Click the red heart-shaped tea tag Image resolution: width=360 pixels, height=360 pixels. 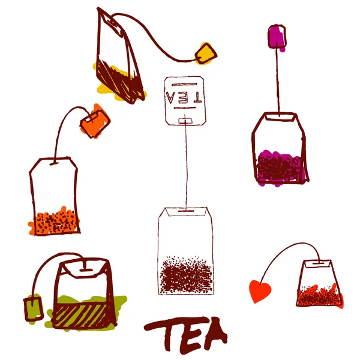click(x=260, y=291)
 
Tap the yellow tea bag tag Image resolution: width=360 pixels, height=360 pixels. click(x=205, y=53)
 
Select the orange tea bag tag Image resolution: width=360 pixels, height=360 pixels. click(x=96, y=121)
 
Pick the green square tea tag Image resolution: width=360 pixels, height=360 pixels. click(x=32, y=307)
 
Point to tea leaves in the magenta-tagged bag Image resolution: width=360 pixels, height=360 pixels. click(x=278, y=165)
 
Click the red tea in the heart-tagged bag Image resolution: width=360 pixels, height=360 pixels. click(x=318, y=295)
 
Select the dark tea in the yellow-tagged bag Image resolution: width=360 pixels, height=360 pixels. click(x=120, y=81)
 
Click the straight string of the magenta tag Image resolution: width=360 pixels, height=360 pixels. click(x=278, y=78)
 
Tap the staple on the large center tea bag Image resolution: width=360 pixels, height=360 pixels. click(x=186, y=211)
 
